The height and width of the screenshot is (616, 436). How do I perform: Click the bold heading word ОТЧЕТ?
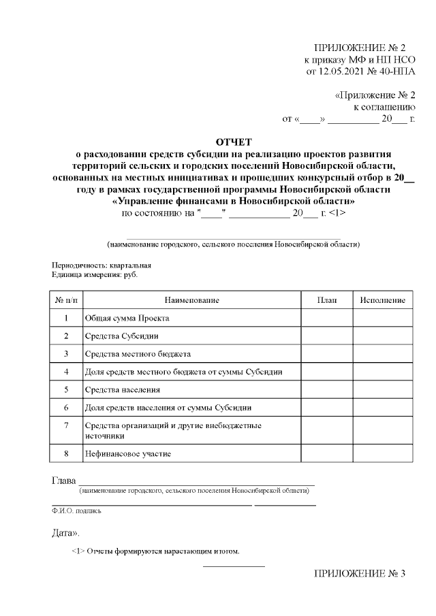point(234,142)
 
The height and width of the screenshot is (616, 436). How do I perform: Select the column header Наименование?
point(192,300)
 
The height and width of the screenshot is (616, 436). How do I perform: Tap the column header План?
point(326,300)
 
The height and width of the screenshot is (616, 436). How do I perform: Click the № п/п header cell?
point(66,300)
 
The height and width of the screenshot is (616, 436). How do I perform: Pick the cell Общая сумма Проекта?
point(127,318)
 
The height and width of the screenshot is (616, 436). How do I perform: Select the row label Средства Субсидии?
point(122,336)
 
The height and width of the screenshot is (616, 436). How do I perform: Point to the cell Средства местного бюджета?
point(138,354)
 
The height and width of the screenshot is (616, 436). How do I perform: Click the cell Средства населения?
point(123,390)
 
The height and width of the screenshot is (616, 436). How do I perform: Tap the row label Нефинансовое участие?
point(128,453)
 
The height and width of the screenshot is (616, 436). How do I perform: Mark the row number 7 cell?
point(66,426)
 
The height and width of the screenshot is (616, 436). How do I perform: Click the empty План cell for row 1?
point(326,318)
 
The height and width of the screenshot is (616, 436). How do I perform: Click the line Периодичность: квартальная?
point(102,265)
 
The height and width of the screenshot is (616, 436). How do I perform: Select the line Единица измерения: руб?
point(98,274)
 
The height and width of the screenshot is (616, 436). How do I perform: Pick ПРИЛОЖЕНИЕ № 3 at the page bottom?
point(359,574)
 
